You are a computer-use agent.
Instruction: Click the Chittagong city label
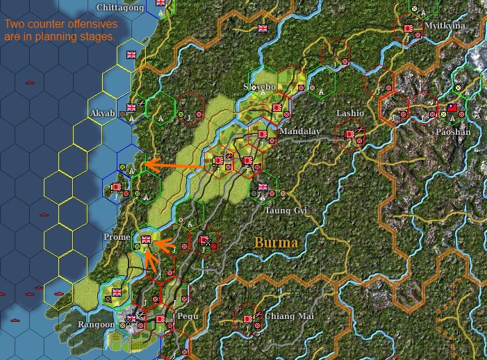[x=120, y=8]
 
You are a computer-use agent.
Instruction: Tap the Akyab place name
[x=102, y=113]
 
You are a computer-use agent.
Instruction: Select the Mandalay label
[x=299, y=130]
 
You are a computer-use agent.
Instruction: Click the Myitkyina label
[x=445, y=26]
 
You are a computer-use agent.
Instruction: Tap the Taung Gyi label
[x=286, y=209]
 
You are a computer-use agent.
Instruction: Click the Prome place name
[x=117, y=237]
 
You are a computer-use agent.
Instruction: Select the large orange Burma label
[x=276, y=243]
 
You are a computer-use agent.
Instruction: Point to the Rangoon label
[x=97, y=325]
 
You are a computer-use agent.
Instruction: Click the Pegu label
[x=188, y=316]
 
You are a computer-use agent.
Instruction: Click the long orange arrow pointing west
[x=174, y=165]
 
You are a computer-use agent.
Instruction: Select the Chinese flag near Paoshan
[x=452, y=108]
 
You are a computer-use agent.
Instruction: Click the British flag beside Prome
[x=146, y=240]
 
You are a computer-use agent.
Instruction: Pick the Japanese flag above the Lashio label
[x=349, y=133]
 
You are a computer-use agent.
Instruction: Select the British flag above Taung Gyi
[x=263, y=186]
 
